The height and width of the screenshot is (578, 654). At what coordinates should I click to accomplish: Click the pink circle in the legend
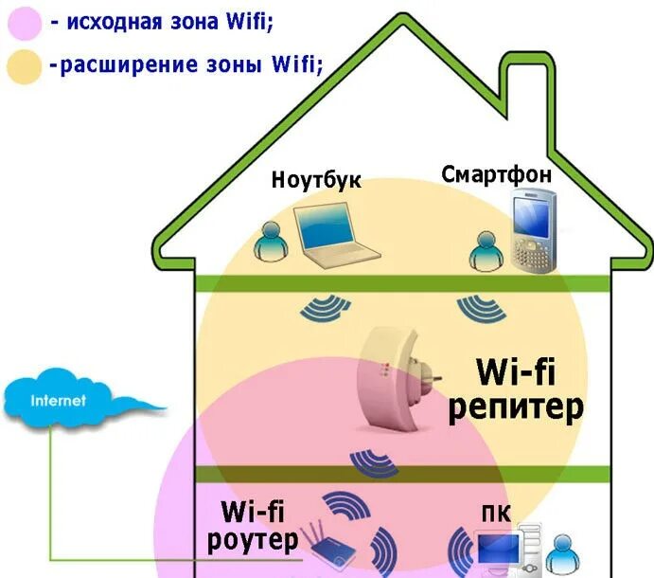point(23,22)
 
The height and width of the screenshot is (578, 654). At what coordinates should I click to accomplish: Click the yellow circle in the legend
point(23,66)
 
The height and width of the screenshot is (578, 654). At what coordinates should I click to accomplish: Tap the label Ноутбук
point(316,180)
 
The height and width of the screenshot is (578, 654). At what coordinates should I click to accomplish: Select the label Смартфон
point(496,174)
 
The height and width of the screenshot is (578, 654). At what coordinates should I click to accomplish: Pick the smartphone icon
point(532,231)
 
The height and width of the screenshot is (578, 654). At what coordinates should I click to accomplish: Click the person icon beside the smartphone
point(486,248)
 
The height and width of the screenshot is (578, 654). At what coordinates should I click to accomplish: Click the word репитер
point(516,407)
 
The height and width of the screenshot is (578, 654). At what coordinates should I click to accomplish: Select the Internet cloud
point(66,402)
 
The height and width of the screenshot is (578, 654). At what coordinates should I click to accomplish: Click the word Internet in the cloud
point(59,401)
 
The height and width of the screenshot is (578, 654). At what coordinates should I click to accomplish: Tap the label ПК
point(496,513)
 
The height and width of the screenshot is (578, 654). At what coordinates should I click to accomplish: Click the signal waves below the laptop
point(327,307)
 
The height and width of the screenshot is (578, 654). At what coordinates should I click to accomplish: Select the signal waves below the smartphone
point(477,307)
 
